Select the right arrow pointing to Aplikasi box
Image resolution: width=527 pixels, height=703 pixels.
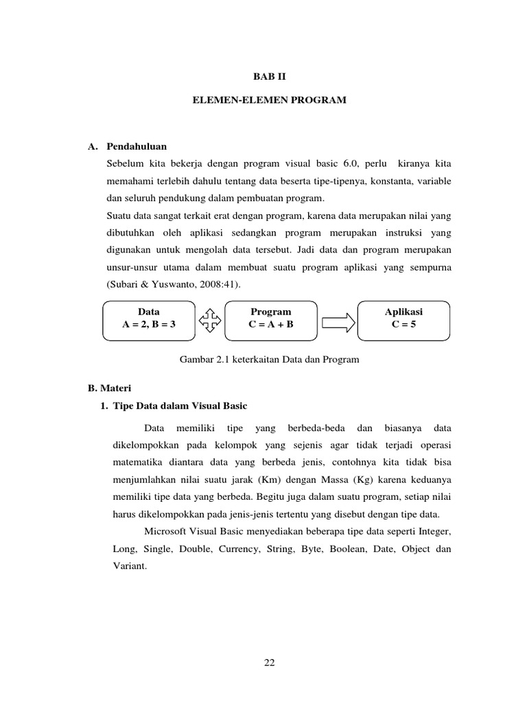tap(338, 320)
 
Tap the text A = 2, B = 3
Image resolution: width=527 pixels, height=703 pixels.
tap(149, 325)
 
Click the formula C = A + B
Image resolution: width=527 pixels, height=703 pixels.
tap(271, 325)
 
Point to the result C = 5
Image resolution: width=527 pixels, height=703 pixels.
tap(403, 325)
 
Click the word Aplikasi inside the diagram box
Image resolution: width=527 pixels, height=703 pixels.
tap(403, 312)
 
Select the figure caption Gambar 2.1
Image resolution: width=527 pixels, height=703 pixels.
tap(268, 359)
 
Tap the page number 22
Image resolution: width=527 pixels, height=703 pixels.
tap(269, 662)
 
